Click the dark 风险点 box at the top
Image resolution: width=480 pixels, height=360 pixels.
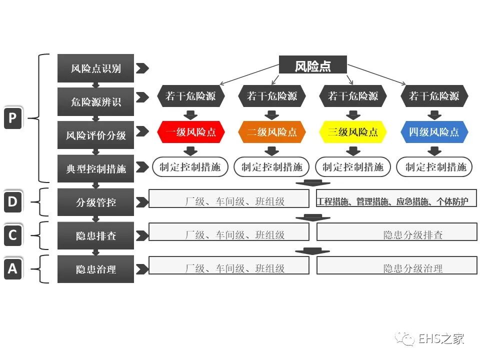(x=312, y=66)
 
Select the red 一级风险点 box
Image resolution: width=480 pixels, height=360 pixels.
(x=190, y=132)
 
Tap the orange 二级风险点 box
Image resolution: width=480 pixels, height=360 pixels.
(x=271, y=132)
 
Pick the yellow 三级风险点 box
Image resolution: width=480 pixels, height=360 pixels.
(x=353, y=132)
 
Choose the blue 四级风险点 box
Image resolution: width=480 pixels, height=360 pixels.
(x=433, y=132)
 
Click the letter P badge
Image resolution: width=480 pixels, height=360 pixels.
(x=13, y=118)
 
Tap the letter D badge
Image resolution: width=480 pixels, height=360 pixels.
(x=13, y=202)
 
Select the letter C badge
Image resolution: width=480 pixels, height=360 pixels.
(x=13, y=235)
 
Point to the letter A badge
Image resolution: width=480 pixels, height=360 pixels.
(x=13, y=269)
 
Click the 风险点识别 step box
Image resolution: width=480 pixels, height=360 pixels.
(x=95, y=68)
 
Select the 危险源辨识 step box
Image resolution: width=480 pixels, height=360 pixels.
(x=95, y=102)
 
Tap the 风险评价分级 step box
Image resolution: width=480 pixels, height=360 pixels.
(x=95, y=135)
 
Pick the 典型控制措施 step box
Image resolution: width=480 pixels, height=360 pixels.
(x=95, y=168)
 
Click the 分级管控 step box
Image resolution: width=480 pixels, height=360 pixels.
(x=95, y=202)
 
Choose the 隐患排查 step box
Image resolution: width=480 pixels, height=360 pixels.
(x=95, y=235)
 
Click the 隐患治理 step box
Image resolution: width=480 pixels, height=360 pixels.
(x=95, y=269)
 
